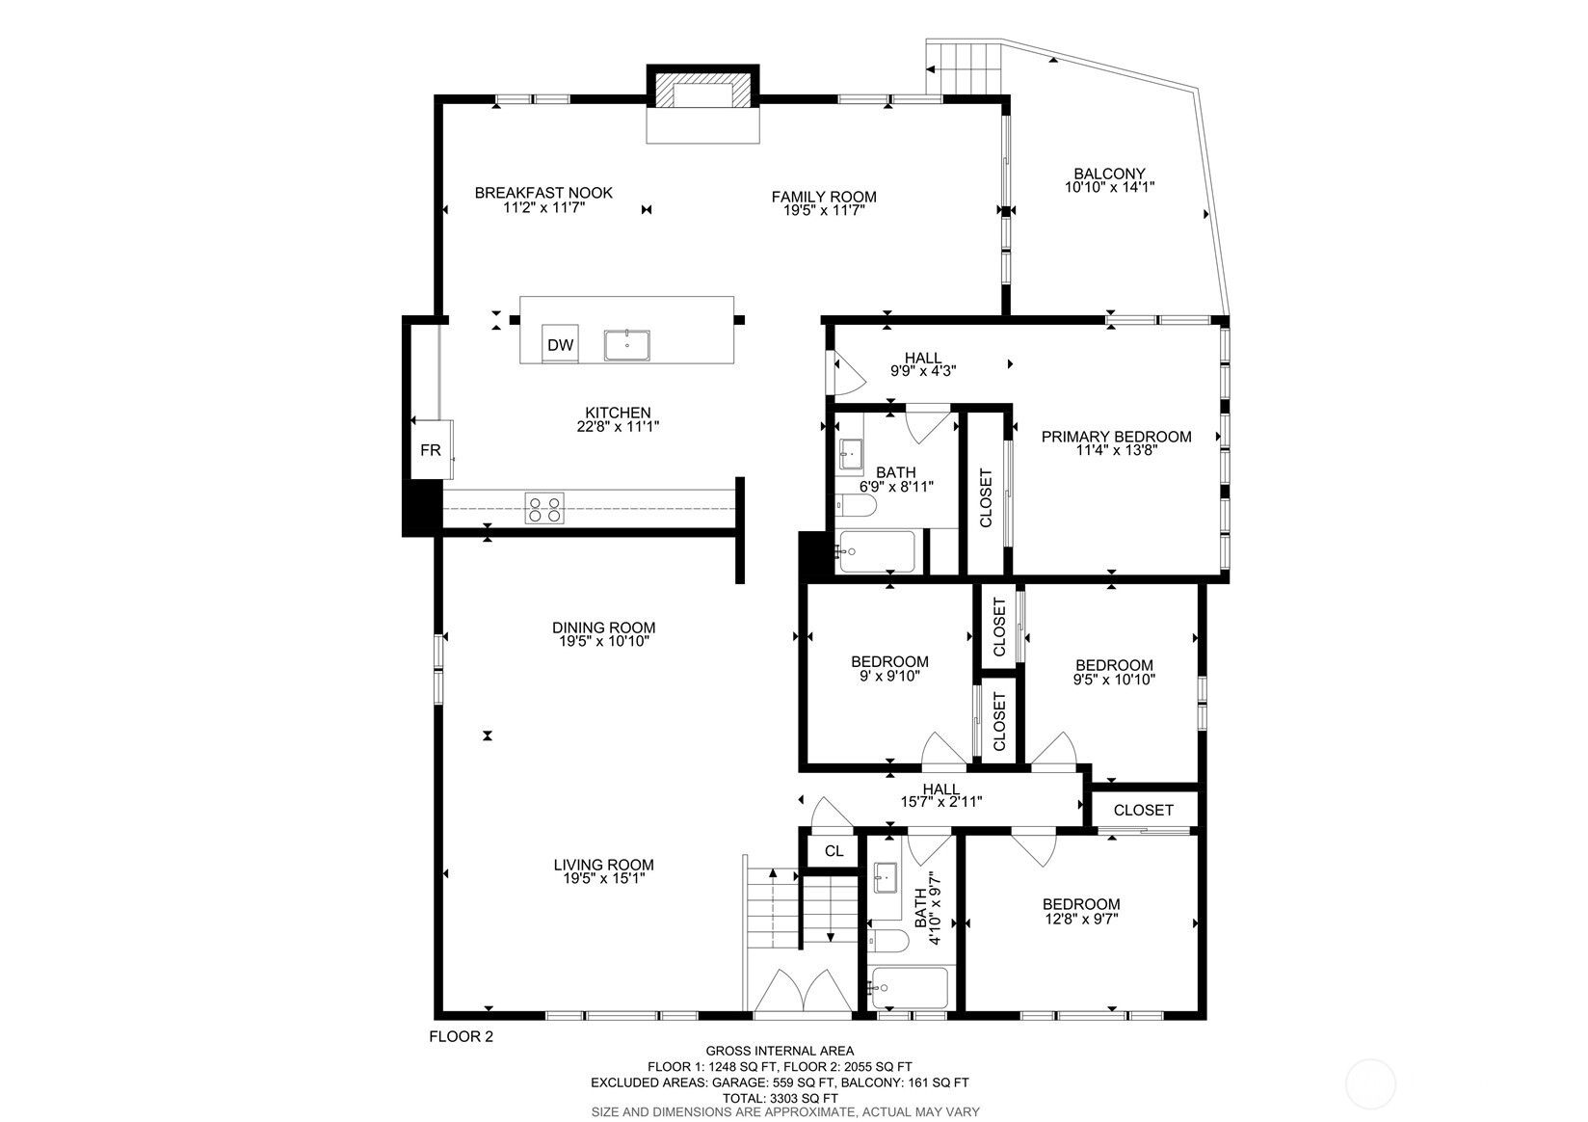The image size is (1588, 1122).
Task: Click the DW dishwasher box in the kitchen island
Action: [x=560, y=344]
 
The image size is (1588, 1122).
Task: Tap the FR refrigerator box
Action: [x=430, y=450]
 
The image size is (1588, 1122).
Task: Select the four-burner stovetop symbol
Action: [x=543, y=508]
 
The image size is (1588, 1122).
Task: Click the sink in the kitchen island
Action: [x=627, y=344]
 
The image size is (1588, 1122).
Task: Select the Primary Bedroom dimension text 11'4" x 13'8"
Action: [x=1116, y=450]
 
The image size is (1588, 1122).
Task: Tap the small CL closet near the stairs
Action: [x=834, y=850]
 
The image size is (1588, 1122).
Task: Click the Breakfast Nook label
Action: [x=543, y=193]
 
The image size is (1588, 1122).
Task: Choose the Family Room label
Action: [x=823, y=197]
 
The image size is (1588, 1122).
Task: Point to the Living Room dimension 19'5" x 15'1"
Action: [x=603, y=879]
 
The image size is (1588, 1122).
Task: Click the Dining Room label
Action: [x=603, y=628]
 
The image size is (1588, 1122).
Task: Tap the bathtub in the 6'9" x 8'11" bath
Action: [x=877, y=551]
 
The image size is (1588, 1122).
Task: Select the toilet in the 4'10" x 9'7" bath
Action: [x=887, y=941]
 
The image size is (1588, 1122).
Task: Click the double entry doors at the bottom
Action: [x=803, y=993]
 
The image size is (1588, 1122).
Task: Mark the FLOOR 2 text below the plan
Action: [x=461, y=1037]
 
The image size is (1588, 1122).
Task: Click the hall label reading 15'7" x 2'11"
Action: [x=940, y=802]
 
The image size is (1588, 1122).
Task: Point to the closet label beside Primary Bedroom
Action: [x=986, y=497]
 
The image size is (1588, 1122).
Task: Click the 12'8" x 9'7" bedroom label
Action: [x=1081, y=904]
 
